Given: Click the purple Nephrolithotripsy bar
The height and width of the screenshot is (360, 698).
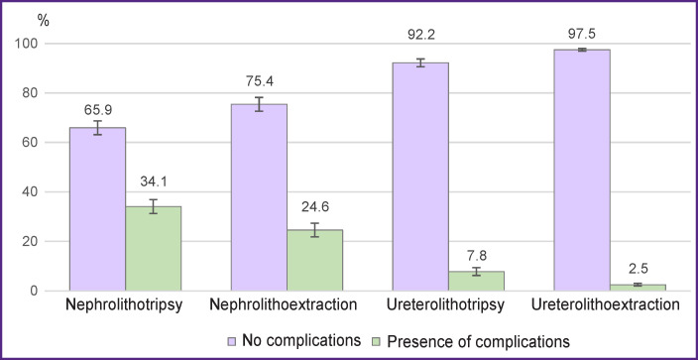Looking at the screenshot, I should point(97,208).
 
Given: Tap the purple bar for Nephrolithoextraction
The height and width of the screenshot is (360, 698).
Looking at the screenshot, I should point(259,196).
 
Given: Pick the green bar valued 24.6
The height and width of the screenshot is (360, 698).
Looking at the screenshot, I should point(314,260).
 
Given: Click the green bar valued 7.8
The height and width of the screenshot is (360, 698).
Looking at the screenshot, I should point(476,281).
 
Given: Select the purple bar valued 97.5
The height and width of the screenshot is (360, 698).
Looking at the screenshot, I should point(582,170).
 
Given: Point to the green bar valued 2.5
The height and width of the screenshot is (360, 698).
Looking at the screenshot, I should point(638,287).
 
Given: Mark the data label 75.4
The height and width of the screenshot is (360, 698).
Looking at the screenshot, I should point(259,84).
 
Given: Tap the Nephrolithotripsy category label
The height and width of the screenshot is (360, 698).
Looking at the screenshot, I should point(125,306).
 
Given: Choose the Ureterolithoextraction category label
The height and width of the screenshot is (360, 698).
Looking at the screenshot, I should point(610,306).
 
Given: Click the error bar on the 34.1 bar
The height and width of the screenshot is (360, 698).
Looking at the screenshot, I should point(153,206).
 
